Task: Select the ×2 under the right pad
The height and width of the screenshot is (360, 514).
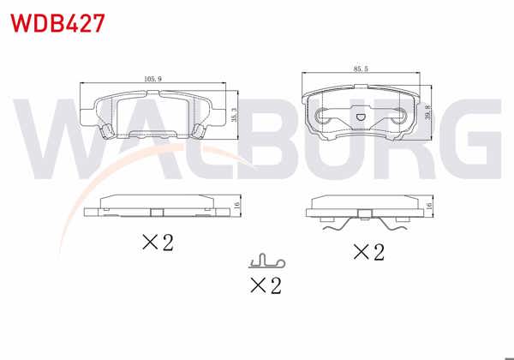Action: [368, 252]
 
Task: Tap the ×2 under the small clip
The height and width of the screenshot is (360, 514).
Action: [264, 285]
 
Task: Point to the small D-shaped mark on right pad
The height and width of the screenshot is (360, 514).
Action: [361, 117]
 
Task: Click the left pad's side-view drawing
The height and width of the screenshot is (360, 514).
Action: [155, 205]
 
